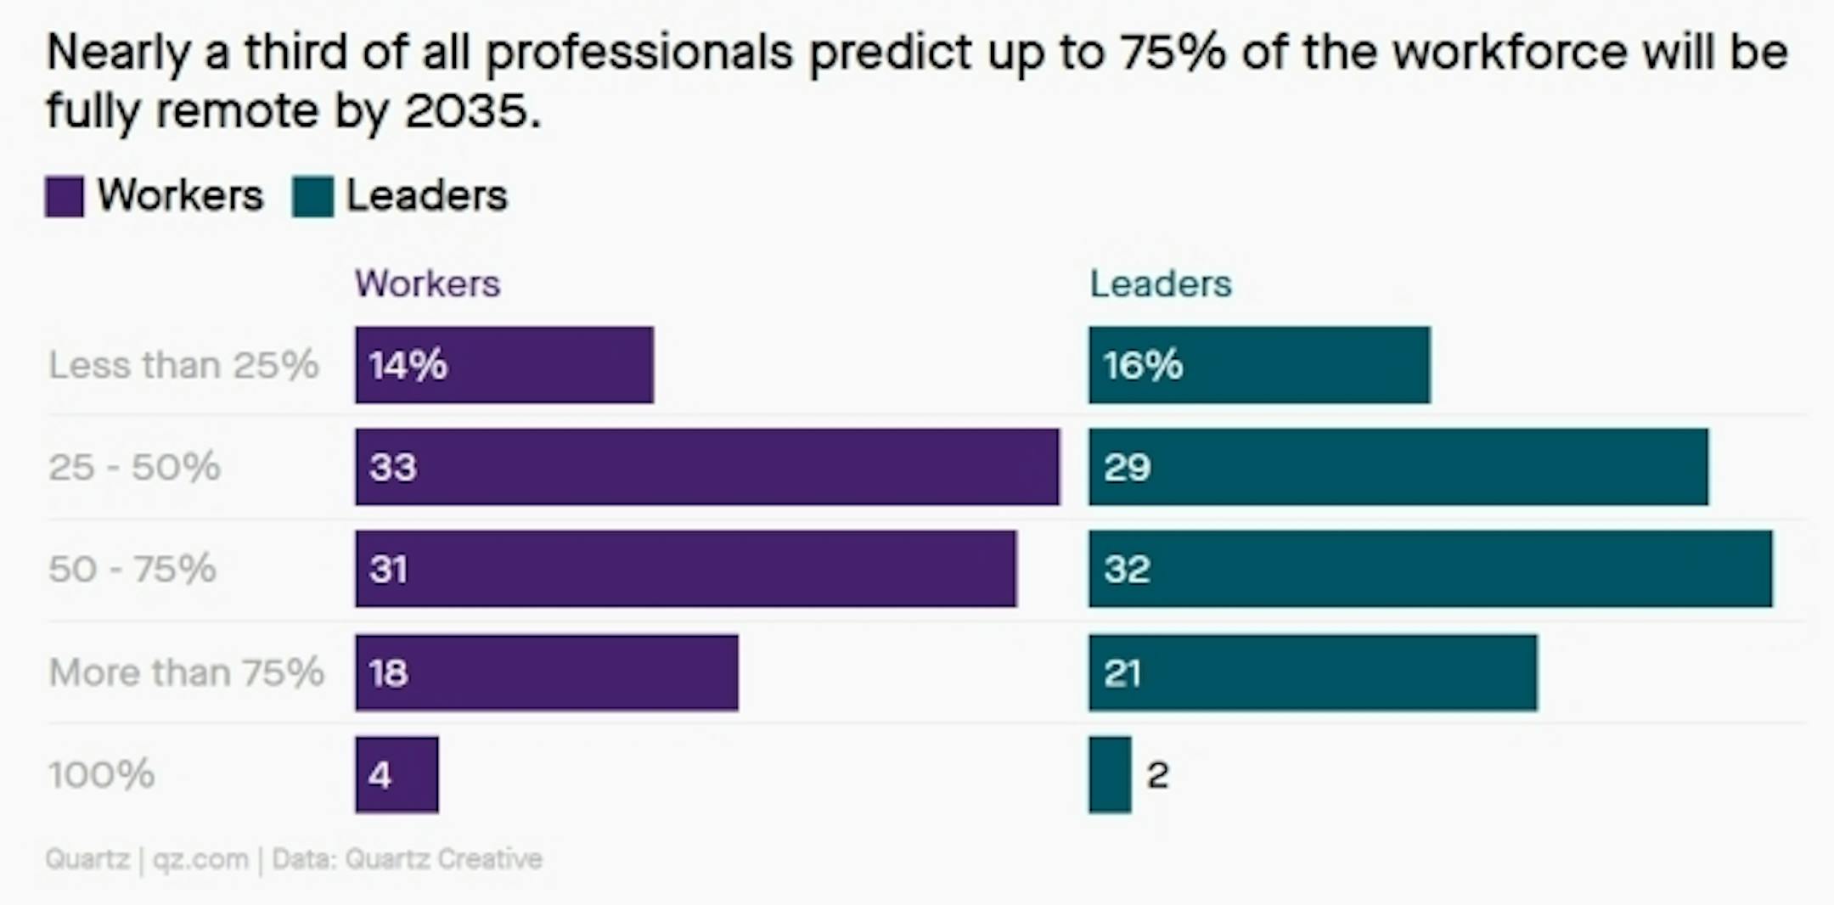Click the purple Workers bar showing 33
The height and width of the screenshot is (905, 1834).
[707, 467]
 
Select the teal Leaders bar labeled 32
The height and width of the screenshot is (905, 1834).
[1431, 569]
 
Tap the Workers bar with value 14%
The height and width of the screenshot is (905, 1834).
[504, 365]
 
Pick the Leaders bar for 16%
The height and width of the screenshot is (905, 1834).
[1259, 365]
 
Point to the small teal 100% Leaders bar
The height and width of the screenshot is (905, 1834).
[1110, 774]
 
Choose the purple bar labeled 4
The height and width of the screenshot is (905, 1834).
[397, 774]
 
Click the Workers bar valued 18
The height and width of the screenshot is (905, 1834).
[547, 672]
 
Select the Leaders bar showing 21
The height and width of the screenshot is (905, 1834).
[1313, 672]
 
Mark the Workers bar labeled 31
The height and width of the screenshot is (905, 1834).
[685, 569]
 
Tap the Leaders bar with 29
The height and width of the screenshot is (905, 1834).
[1398, 467]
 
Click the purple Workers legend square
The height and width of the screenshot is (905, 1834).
[65, 197]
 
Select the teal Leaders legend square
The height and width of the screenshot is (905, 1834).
[312, 197]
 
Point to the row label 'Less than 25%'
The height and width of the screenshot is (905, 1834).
[183, 365]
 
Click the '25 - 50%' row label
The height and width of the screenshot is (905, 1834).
[134, 467]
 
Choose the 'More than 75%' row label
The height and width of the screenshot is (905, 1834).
[186, 672]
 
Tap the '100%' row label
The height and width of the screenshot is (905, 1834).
[101, 774]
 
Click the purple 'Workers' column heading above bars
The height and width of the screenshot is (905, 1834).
[427, 284]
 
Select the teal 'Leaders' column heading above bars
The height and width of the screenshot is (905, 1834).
[1160, 284]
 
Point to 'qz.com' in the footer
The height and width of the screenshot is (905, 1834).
[200, 859]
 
